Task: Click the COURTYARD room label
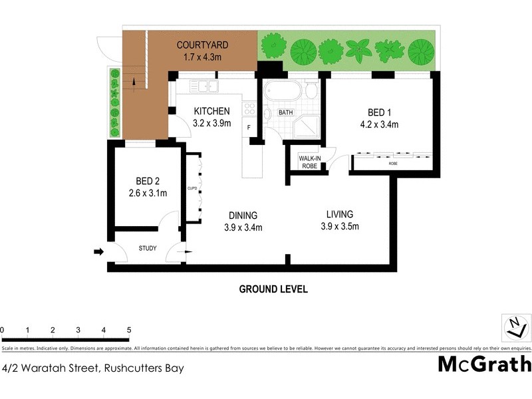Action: coord(202,45)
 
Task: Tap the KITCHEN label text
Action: coord(211,111)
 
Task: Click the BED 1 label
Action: coord(382,112)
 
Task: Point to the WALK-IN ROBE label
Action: coord(309,162)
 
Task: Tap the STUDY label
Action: coord(148,249)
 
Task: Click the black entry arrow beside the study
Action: coord(98,252)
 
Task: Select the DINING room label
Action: coord(243,215)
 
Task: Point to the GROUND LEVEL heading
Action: coord(273,290)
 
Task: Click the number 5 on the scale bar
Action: coord(128,330)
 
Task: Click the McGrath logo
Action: coord(484,364)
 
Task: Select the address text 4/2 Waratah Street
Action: coord(93,367)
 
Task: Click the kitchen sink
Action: coord(201,86)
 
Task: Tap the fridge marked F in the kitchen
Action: coord(249,126)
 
